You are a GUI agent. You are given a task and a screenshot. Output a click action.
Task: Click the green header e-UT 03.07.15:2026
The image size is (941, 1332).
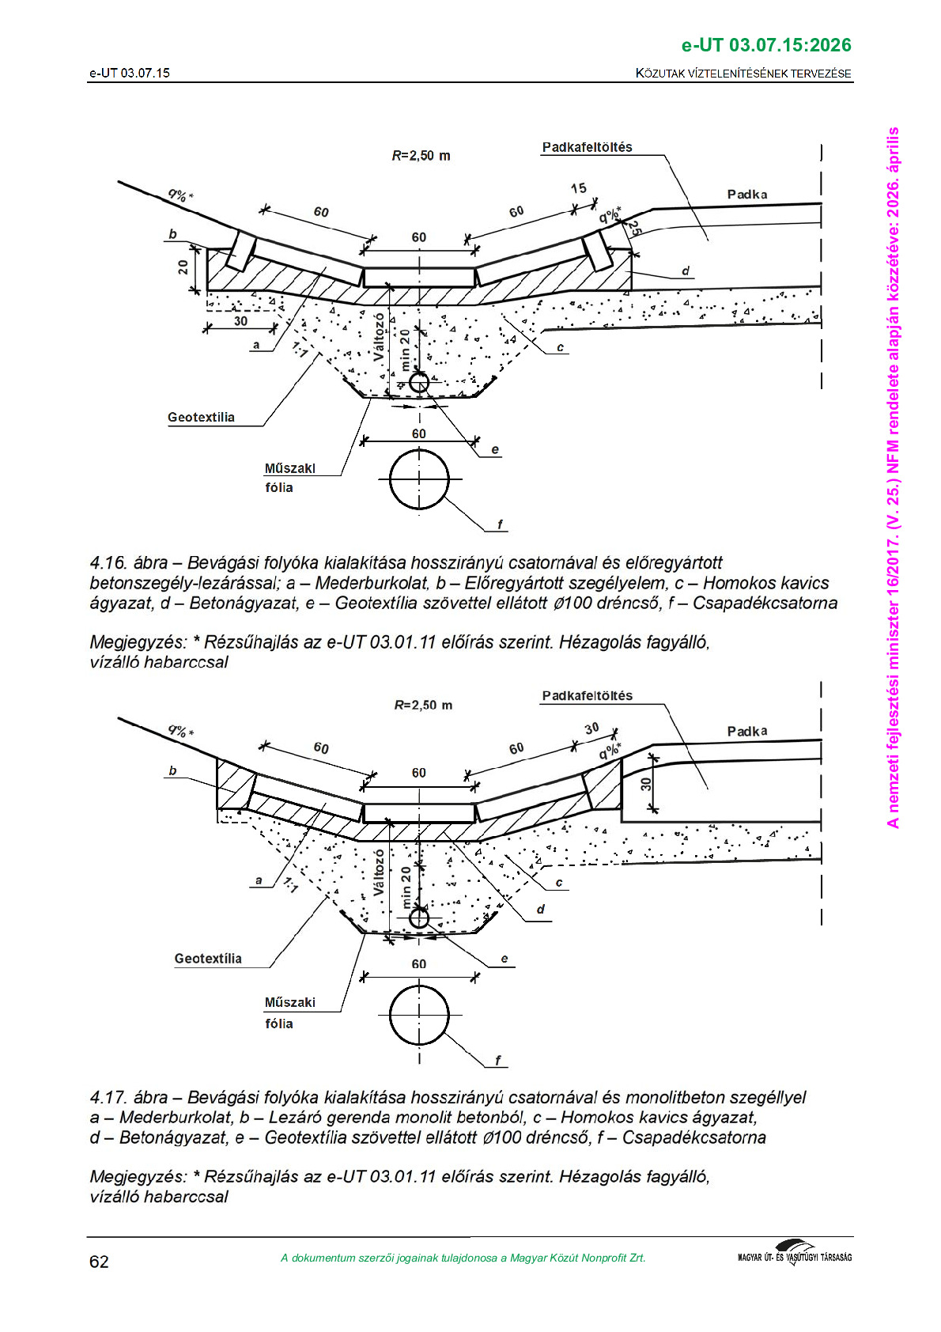tap(765, 45)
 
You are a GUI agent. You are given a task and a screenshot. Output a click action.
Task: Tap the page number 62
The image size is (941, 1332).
tap(99, 1262)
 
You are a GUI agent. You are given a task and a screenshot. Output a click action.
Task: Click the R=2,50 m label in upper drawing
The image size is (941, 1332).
tap(421, 156)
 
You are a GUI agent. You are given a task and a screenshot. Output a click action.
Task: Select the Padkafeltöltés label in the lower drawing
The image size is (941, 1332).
tap(587, 696)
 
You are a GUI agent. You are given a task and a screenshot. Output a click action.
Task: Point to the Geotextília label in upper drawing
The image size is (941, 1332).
tap(201, 418)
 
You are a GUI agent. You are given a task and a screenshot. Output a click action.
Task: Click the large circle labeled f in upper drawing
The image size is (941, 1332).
tap(419, 479)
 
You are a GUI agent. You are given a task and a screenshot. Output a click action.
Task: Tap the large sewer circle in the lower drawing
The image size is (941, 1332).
tap(419, 1016)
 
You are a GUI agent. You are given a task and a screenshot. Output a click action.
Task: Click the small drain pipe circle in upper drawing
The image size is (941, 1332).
tap(418, 383)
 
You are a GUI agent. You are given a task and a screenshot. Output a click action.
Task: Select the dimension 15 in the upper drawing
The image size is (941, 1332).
tap(579, 188)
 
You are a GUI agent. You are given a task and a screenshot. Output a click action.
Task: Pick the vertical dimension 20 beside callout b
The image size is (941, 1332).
tap(183, 267)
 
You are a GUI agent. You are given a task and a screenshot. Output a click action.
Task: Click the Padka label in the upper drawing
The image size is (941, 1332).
tap(746, 195)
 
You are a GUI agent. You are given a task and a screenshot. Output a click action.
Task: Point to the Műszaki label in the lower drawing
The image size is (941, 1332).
tap(289, 1002)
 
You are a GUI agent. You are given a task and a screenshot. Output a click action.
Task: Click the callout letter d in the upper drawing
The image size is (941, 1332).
tap(686, 271)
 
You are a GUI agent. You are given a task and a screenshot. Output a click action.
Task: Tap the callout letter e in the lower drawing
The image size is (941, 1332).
tap(505, 959)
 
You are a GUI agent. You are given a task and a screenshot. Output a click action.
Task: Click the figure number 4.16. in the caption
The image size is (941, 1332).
tap(108, 563)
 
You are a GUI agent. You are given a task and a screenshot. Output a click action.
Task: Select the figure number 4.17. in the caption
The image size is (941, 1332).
tap(108, 1098)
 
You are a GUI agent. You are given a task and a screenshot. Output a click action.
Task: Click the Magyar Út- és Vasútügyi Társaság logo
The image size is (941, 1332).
tap(794, 1254)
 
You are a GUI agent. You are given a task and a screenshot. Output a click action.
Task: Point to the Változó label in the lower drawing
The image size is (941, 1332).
tap(378, 872)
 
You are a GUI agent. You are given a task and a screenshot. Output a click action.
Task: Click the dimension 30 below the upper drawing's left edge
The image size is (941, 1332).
tap(240, 321)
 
